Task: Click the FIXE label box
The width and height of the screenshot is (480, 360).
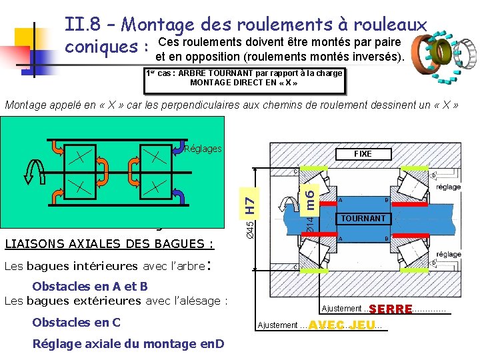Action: click(x=363, y=153)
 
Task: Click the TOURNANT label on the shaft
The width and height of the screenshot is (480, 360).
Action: click(x=363, y=219)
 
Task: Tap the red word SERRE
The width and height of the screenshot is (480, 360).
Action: click(x=391, y=309)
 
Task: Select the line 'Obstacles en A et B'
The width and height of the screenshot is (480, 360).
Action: click(x=89, y=287)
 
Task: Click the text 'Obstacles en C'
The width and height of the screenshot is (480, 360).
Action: click(x=76, y=323)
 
